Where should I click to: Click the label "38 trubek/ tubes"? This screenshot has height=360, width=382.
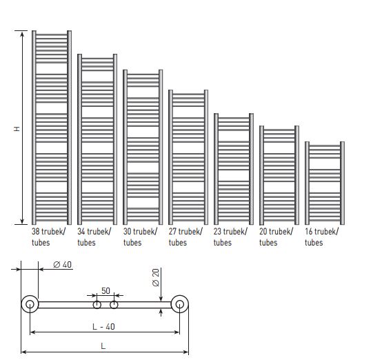click(x=48, y=237)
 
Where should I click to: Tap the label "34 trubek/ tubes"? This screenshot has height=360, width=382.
click(x=94, y=237)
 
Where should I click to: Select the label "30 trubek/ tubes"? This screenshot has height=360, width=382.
click(x=140, y=237)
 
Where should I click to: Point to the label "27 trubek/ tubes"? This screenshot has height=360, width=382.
click(x=185, y=237)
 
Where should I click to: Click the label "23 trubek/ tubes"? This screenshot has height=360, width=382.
click(x=230, y=237)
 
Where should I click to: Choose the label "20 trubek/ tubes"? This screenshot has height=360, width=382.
click(x=276, y=237)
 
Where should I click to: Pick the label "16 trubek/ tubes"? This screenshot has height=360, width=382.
click(x=321, y=237)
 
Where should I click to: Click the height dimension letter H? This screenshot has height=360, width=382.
click(x=17, y=129)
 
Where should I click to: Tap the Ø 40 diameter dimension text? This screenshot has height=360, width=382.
click(x=62, y=264)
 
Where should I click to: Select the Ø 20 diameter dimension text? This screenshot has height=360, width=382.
click(x=156, y=277)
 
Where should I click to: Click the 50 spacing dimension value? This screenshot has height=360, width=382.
click(x=105, y=290)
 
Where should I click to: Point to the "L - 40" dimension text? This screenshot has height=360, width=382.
click(x=103, y=326)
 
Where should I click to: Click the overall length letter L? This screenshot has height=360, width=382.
click(x=103, y=346)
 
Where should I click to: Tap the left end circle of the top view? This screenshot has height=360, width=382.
click(x=23, y=304)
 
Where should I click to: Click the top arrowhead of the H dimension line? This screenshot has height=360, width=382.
click(x=22, y=33)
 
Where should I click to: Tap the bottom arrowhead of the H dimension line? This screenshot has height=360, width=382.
click(x=22, y=221)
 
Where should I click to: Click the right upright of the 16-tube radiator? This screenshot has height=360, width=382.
click(x=342, y=183)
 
